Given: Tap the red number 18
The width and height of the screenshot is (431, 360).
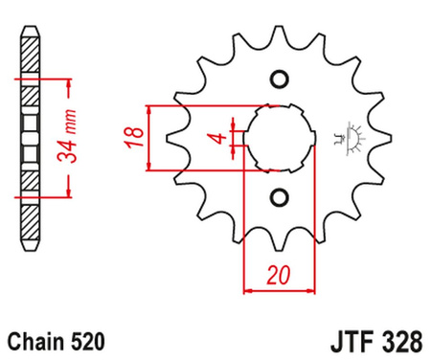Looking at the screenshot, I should click(135, 138).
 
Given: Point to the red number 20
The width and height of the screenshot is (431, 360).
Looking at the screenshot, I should click(279, 275).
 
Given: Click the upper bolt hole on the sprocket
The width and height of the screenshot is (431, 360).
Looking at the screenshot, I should click(280, 78).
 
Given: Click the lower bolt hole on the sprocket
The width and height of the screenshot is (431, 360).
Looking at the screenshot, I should click(280, 198).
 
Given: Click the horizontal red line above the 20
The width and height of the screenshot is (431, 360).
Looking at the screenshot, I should click(280, 286).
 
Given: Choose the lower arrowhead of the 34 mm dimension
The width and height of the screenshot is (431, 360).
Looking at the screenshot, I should click(67, 191).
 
